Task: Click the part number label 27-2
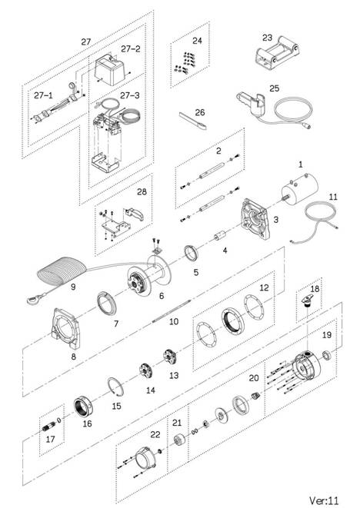pyautogui.click(x=130, y=49)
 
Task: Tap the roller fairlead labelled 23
pyautogui.click(x=277, y=54)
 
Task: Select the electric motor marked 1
pyautogui.click(x=298, y=190)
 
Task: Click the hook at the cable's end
pyautogui.click(x=36, y=299)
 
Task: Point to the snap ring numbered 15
pyautogui.click(x=115, y=387)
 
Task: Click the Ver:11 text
pyautogui.click(x=324, y=500)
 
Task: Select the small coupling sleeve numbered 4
pyautogui.click(x=221, y=237)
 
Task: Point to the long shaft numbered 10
pyautogui.click(x=171, y=311)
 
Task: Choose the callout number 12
pyautogui.click(x=264, y=287)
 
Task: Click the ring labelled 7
pyautogui.click(x=107, y=304)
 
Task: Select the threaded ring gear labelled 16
pyautogui.click(x=83, y=407)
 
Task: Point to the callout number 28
pyautogui.click(x=142, y=192)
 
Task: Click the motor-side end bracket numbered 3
pyautogui.click(x=256, y=220)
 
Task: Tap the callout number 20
pyautogui.click(x=254, y=378)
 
